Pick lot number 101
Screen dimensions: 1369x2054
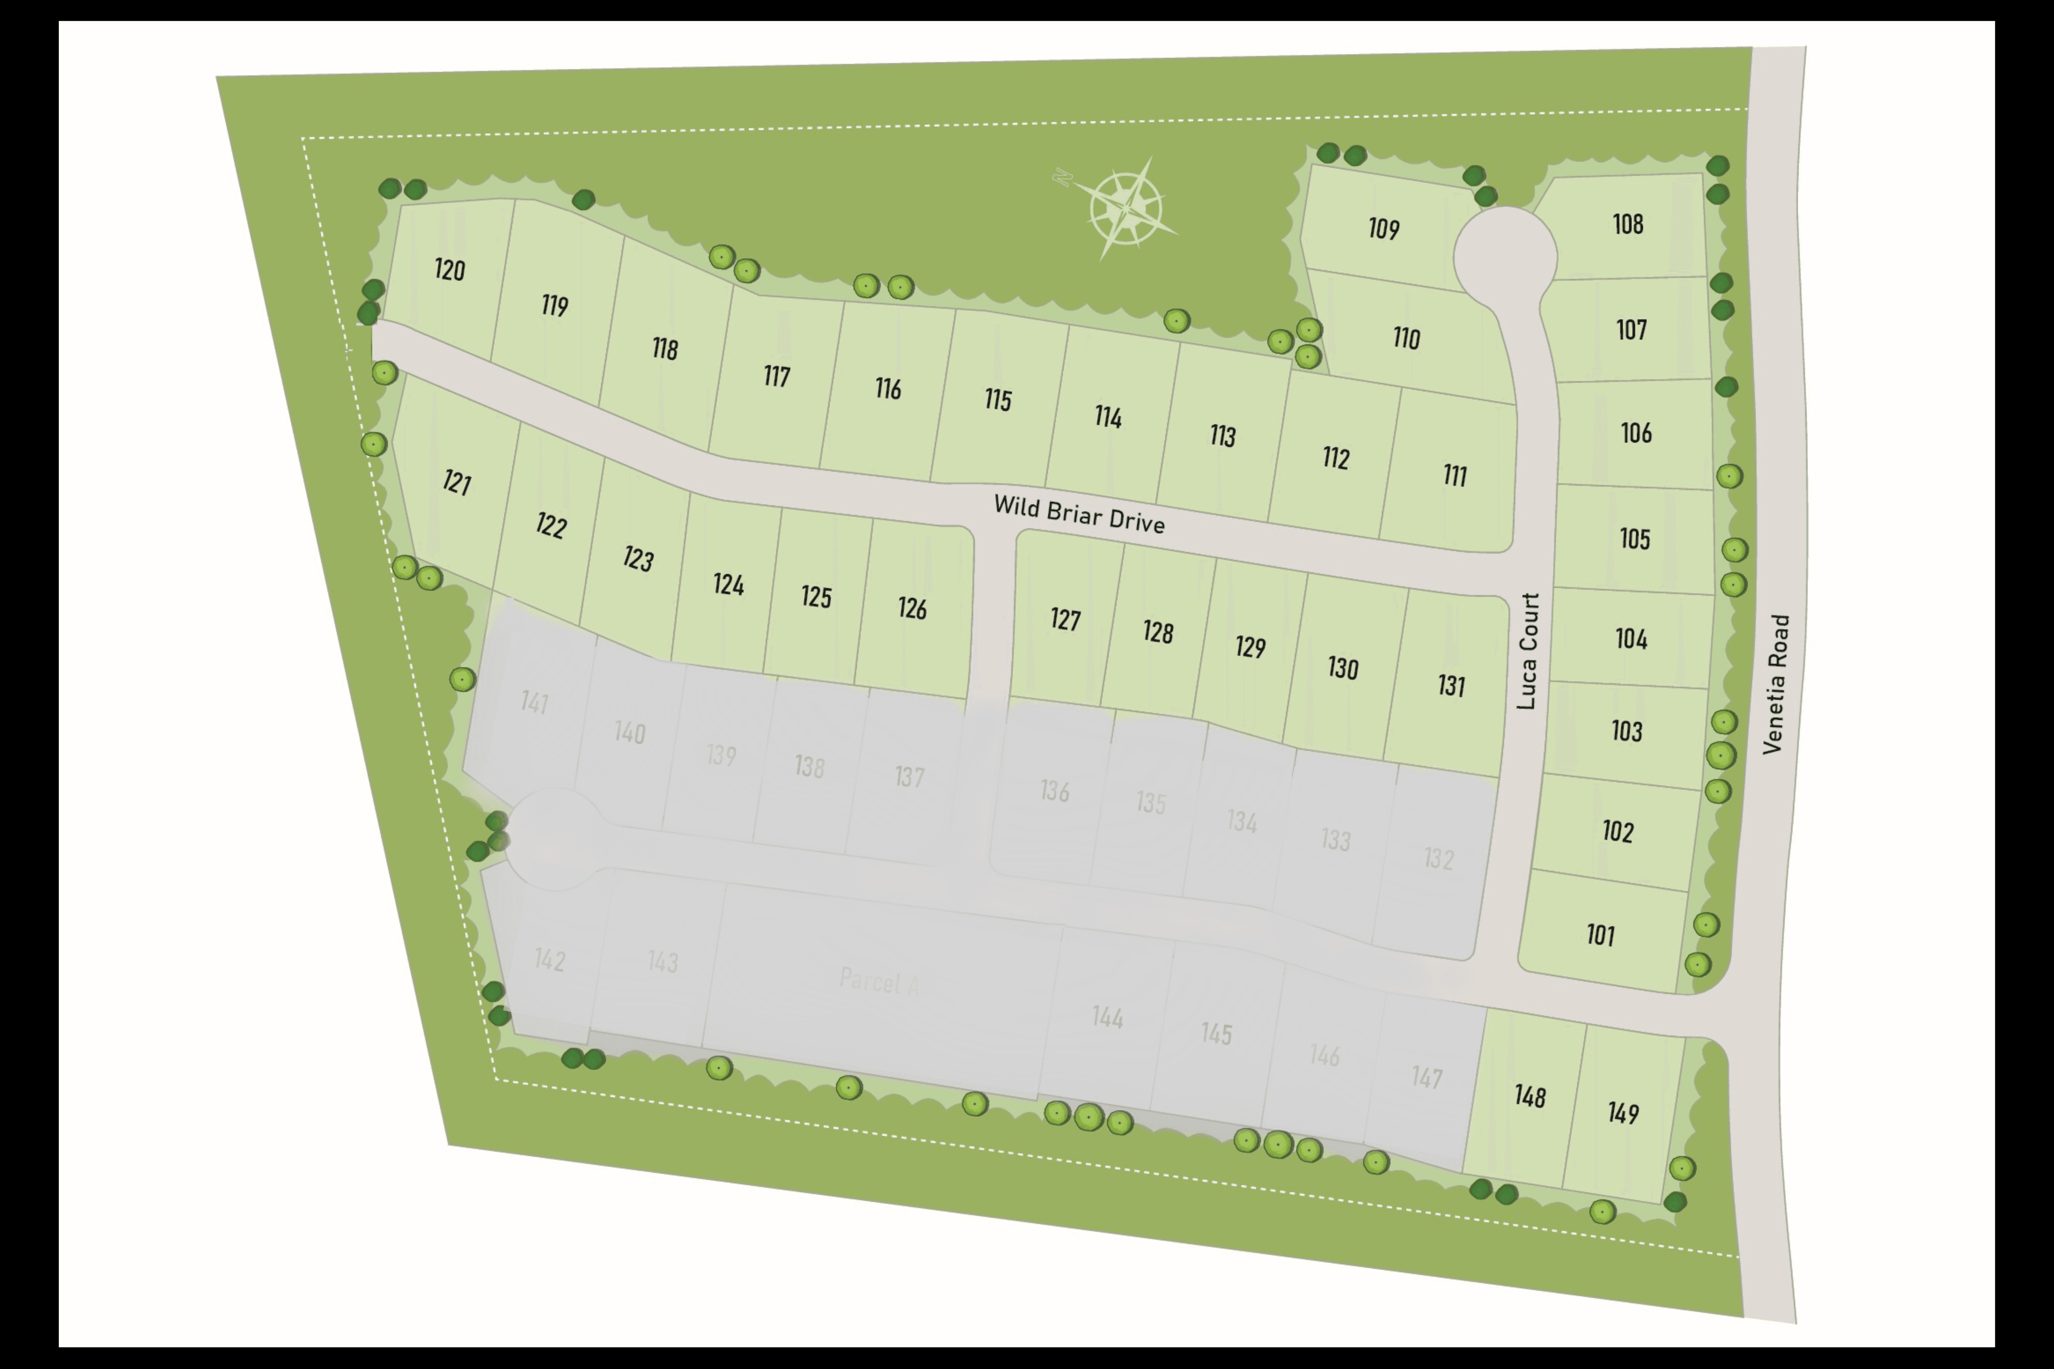coord(1601,935)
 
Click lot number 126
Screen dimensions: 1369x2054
coord(912,608)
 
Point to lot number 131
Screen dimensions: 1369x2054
coord(1451,685)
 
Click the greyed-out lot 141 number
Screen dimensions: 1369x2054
coord(535,702)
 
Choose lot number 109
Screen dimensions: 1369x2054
coord(1383,229)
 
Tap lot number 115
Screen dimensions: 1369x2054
coord(998,400)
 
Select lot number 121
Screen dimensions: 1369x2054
coord(457,482)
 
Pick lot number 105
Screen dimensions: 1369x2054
coord(1635,539)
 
